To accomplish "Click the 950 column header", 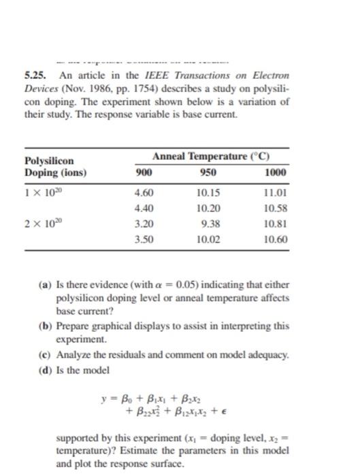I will pos(208,172).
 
